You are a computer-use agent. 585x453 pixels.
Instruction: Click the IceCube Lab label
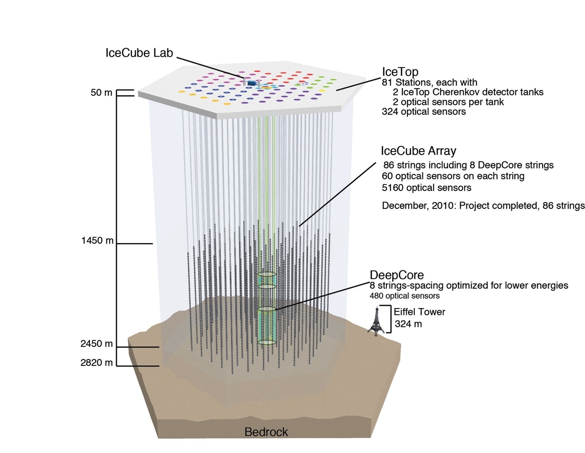[x=139, y=53]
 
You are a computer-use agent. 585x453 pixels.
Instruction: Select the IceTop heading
[x=400, y=72]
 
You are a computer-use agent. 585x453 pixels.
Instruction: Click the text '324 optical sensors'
[x=424, y=112]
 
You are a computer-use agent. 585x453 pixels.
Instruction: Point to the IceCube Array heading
[x=419, y=151]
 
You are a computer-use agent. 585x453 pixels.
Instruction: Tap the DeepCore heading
[x=396, y=275]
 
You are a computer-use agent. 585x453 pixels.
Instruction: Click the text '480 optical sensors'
[x=404, y=296]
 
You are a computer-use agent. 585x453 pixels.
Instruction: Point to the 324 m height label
[x=408, y=324]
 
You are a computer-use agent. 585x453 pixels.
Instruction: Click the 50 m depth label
[x=102, y=93]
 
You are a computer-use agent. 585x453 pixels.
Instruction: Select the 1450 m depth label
[x=97, y=241]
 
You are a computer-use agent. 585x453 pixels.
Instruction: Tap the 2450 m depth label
[x=96, y=344]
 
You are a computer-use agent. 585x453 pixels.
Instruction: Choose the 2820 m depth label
[x=96, y=362]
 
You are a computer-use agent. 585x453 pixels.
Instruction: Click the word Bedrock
[x=266, y=432]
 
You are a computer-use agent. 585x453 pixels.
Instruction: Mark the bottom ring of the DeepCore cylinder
[x=267, y=342]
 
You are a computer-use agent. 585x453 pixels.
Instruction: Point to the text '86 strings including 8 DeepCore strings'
[x=468, y=165]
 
